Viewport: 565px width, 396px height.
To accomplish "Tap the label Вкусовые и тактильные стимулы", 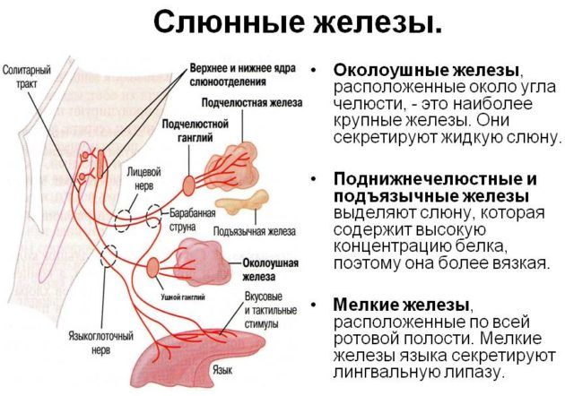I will [266, 310].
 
